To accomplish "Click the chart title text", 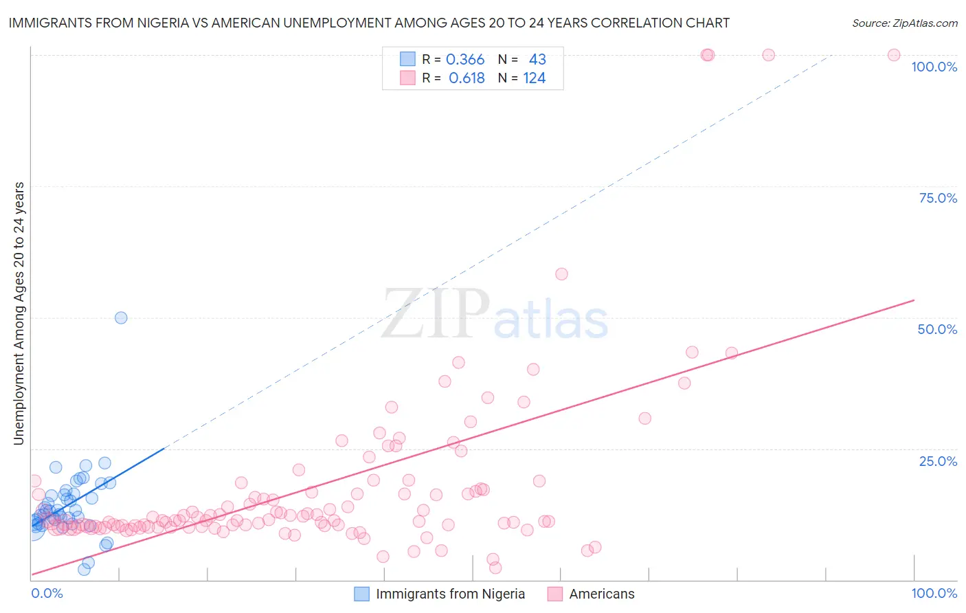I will (369, 23).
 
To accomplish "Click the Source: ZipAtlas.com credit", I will (904, 23).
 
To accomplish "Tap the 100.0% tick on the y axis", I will (934, 67).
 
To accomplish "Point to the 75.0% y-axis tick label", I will (938, 198).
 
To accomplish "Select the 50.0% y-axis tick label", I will (937, 329).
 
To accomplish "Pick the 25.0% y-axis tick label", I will (938, 460).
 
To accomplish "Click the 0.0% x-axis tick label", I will (47, 593).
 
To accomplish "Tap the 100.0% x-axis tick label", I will (934, 593).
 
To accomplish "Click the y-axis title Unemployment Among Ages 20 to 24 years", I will (19, 313).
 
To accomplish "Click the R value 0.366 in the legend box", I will (465, 60).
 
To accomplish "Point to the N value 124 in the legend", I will (534, 78).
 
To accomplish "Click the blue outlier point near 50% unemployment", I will (121, 317).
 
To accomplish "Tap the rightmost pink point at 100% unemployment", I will (894, 55).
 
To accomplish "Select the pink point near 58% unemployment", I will (561, 274).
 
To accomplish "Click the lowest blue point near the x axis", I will (84, 569).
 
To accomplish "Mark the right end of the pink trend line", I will (914, 300).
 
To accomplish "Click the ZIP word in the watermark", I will (436, 315).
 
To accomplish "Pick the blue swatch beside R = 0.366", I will (407, 60).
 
